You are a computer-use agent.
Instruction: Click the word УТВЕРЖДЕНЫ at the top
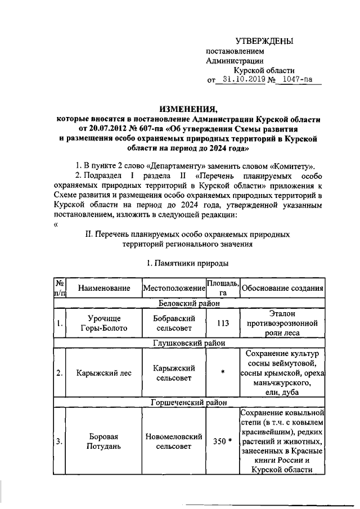click(x=264, y=40)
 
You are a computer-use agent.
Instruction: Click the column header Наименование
click(x=105, y=289)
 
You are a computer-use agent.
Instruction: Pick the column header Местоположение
click(x=174, y=289)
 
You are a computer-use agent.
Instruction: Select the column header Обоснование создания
click(x=282, y=289)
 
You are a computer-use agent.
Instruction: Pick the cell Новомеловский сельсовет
click(x=174, y=442)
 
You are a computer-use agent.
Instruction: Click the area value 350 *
click(x=222, y=442)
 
